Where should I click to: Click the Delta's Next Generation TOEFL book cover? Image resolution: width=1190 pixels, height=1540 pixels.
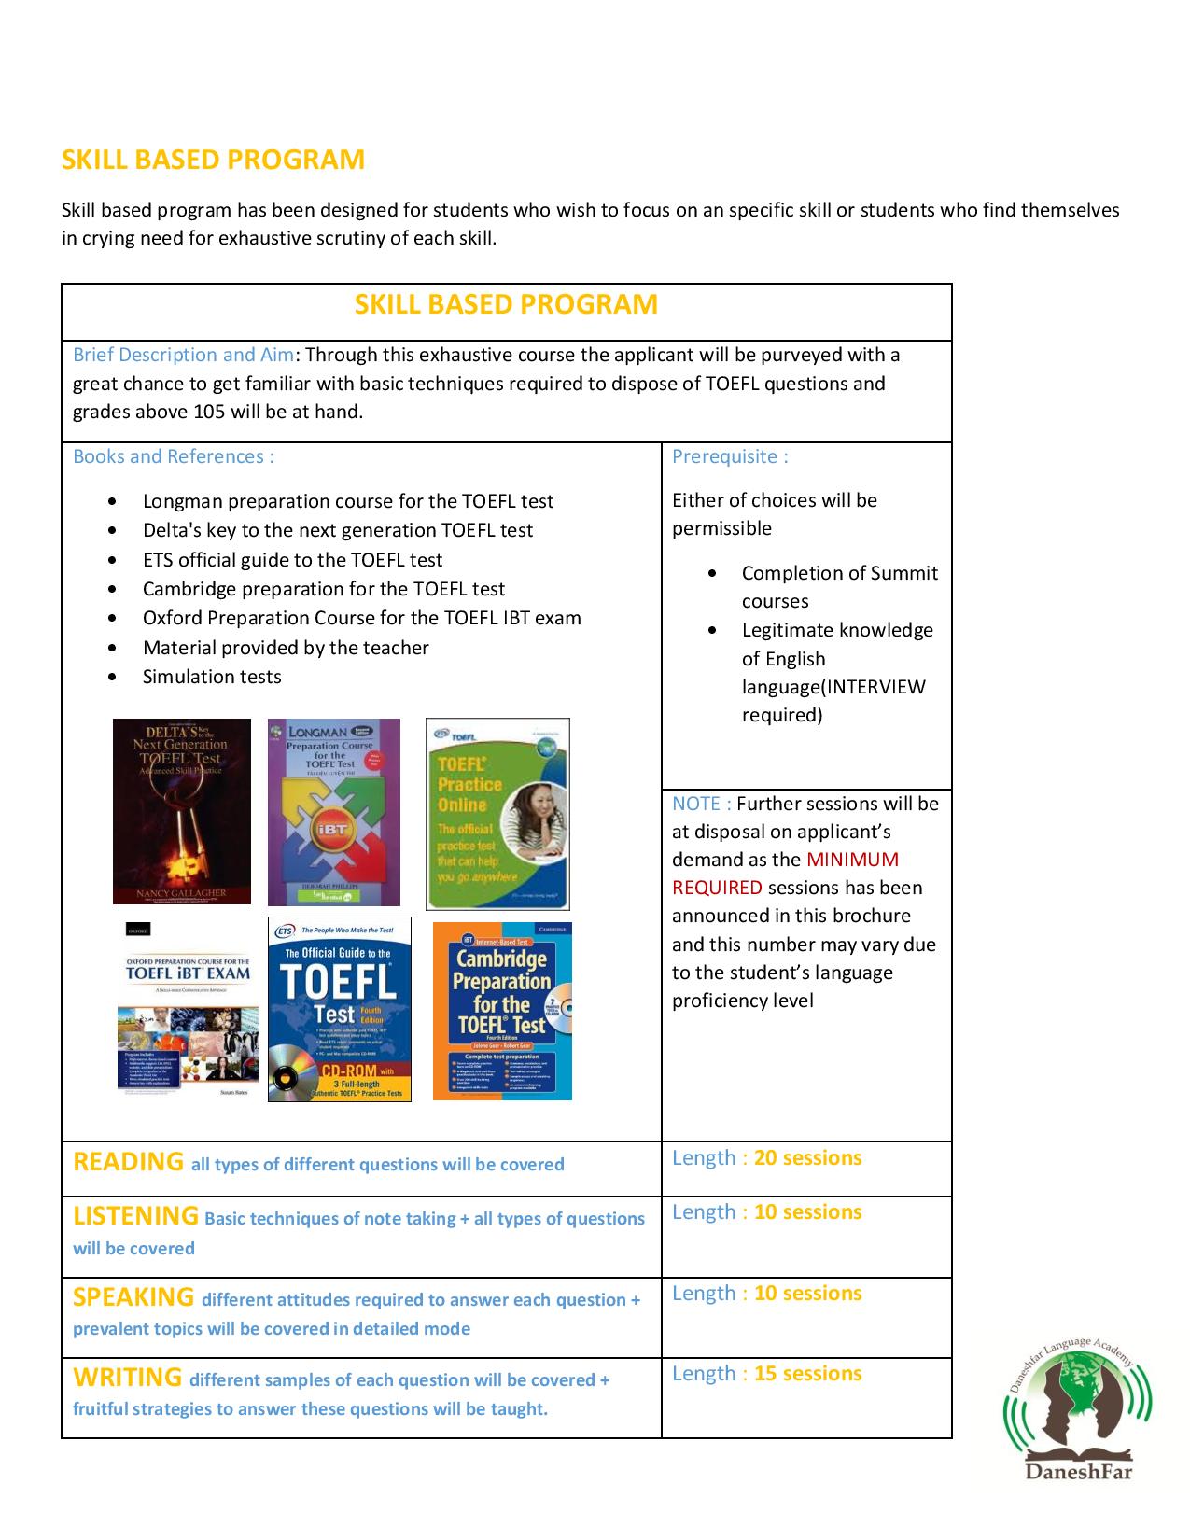click(x=182, y=811)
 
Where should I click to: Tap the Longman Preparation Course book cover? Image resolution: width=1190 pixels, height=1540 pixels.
click(x=334, y=812)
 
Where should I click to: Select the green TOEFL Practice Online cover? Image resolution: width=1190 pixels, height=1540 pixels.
click(x=497, y=814)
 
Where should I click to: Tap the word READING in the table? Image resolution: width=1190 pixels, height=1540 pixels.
click(x=128, y=1162)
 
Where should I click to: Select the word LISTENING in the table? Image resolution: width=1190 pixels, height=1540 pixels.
click(x=135, y=1216)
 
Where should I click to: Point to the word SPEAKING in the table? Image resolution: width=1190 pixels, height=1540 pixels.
click(x=133, y=1297)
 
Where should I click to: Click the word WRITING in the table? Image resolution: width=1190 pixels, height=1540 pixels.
click(x=127, y=1378)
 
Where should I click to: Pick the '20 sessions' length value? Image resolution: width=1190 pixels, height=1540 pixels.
click(x=807, y=1158)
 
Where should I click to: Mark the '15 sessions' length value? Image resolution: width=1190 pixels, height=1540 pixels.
click(x=807, y=1374)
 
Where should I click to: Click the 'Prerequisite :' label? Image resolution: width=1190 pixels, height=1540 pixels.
click(x=730, y=456)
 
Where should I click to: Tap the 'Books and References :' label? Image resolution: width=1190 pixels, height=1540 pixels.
click(x=174, y=456)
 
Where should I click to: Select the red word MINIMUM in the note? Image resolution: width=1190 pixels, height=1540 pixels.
click(x=852, y=860)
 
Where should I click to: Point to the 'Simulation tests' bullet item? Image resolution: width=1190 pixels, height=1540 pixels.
click(x=212, y=677)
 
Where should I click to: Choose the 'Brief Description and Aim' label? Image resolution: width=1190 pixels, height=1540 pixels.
click(x=183, y=355)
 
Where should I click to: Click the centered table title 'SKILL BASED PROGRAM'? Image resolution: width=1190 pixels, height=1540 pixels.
click(x=506, y=304)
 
